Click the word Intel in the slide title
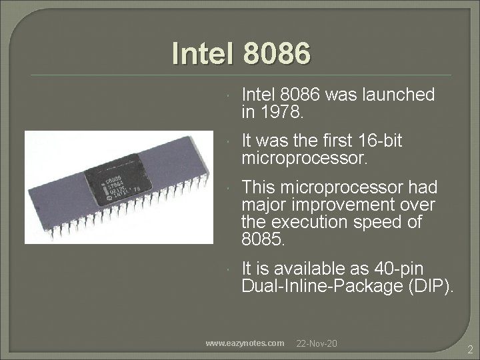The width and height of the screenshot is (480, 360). pos(198,53)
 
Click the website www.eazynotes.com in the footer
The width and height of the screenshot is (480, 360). pos(245,343)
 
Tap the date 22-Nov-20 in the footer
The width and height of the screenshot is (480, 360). pos(317,343)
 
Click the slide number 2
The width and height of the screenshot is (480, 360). pos(470,349)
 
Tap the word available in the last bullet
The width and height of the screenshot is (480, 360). pos(307,269)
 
